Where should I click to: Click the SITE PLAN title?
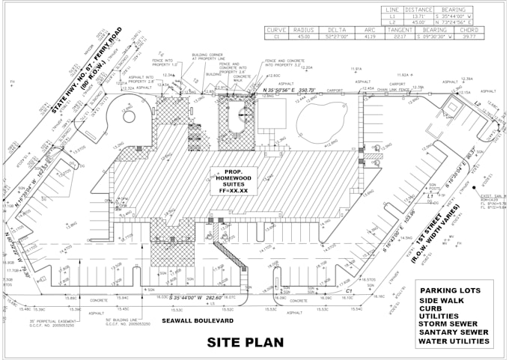(x=246, y=344)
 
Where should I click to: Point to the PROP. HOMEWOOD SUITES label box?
(x=234, y=180)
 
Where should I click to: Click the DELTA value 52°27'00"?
(x=338, y=36)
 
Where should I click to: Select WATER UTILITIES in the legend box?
(x=454, y=341)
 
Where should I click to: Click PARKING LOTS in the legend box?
(x=451, y=290)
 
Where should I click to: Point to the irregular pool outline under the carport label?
(x=322, y=120)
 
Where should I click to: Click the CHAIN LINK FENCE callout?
(x=394, y=89)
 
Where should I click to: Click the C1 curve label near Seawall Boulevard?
(x=348, y=290)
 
